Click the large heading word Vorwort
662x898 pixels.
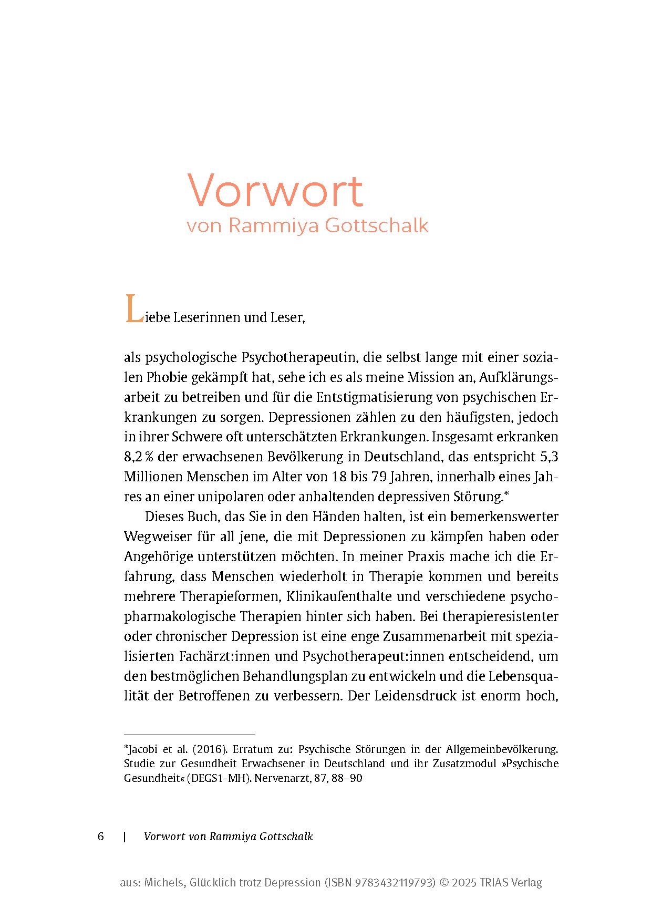tap(275, 190)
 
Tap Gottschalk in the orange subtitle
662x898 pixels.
tap(377, 226)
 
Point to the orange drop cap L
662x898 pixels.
tap(133, 310)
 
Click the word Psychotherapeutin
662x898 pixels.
tap(298, 358)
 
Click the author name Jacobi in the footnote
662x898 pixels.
tap(141, 750)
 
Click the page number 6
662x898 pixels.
tap(101, 837)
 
